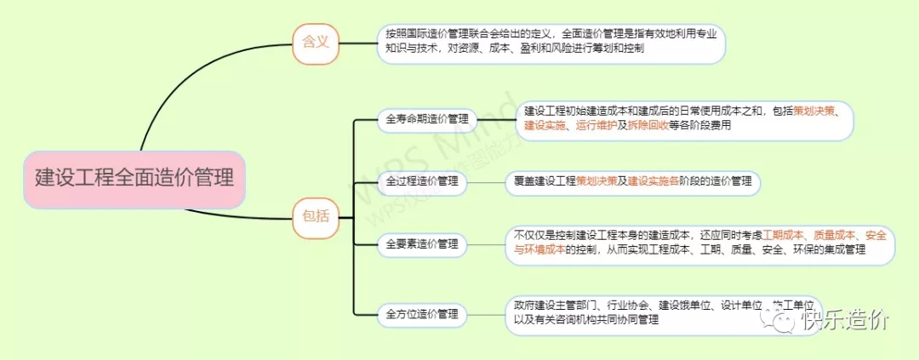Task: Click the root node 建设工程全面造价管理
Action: coord(134,180)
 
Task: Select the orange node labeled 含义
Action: coord(315,42)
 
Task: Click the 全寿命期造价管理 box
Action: coord(426,119)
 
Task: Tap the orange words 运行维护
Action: coord(596,125)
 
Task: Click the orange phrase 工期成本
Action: coord(784,235)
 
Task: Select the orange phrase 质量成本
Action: coord(835,235)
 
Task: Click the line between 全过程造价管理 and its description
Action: coord(485,181)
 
